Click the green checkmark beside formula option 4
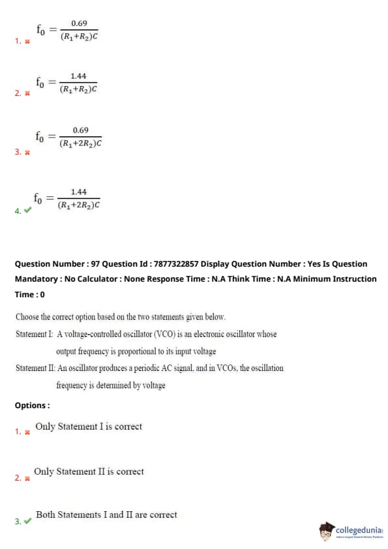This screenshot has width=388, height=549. [x=27, y=210]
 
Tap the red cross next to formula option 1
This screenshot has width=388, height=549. [x=27, y=41]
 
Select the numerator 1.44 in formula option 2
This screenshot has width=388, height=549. [x=78, y=76]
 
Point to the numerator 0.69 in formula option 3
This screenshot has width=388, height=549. [x=81, y=130]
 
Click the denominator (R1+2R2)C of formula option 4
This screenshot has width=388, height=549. [x=79, y=205]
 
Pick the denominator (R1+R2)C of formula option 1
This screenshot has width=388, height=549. [x=79, y=37]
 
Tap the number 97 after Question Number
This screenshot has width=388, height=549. [x=95, y=264]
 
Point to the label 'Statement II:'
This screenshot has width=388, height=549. [x=35, y=368]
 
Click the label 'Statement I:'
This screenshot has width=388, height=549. [x=35, y=334]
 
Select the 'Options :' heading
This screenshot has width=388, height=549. [x=32, y=406]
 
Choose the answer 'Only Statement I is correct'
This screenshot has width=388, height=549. [x=89, y=426]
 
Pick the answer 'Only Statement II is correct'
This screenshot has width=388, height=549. [x=89, y=471]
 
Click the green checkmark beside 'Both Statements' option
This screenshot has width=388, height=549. [x=27, y=521]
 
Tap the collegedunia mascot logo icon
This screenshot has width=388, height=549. [x=326, y=531]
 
